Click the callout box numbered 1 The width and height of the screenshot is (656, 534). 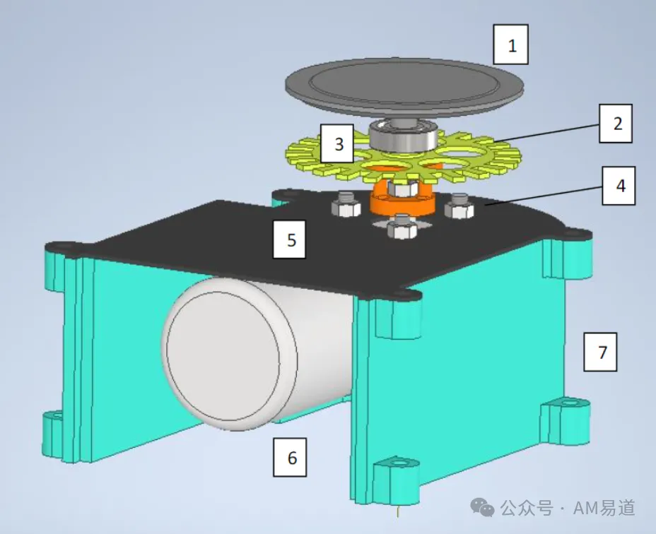tap(511, 44)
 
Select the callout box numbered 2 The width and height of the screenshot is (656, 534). tap(616, 124)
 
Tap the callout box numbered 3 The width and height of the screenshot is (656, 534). tap(338, 143)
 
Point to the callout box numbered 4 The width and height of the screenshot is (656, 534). tap(619, 186)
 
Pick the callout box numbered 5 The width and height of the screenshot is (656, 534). tap(290, 239)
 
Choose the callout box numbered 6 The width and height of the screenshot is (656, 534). tap(290, 458)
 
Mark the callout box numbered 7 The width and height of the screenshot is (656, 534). tap(600, 352)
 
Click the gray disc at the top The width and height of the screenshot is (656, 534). tap(404, 87)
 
